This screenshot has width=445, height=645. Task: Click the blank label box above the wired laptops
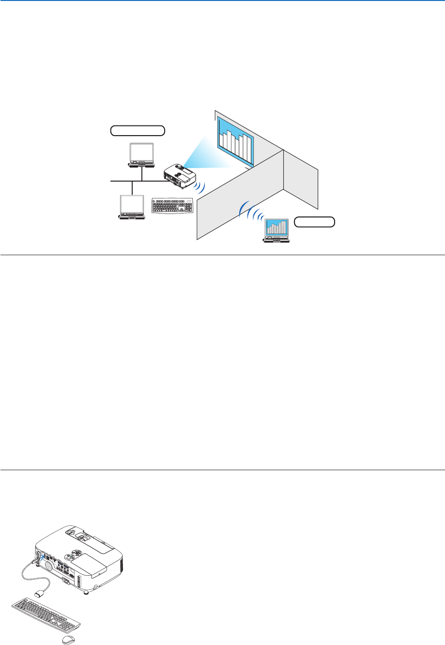click(137, 130)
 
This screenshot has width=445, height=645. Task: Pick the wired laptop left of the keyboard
click(132, 207)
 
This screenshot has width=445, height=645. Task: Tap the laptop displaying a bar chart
click(276, 230)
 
